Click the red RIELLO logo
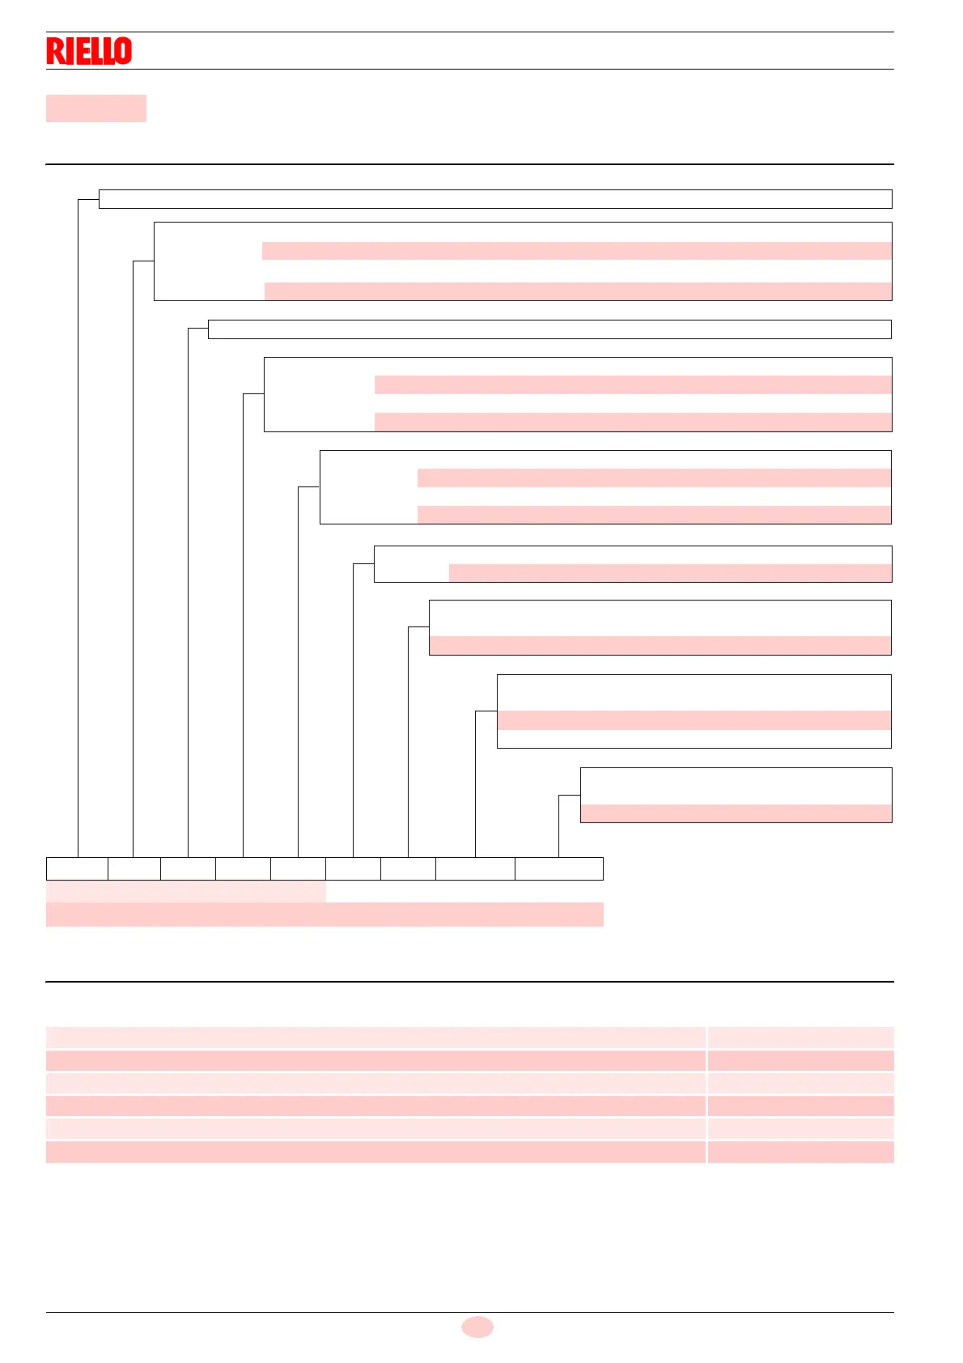coord(89,51)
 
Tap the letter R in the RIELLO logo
coord(53,51)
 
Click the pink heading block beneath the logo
coord(95,108)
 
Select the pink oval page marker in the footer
coord(477,1327)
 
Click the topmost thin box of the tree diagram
coord(494,199)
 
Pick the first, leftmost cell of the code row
coord(77,868)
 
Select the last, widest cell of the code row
coord(558,868)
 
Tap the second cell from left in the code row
coord(134,868)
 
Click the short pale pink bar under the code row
coord(185,892)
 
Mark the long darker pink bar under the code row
coord(325,915)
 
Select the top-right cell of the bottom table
coord(800,1038)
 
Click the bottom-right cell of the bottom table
coord(800,1152)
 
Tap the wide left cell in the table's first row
coord(375,1038)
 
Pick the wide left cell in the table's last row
coord(375,1152)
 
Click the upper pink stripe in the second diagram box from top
coord(576,251)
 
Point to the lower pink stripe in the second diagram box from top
coord(578,291)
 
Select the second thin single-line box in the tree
coord(549,329)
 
